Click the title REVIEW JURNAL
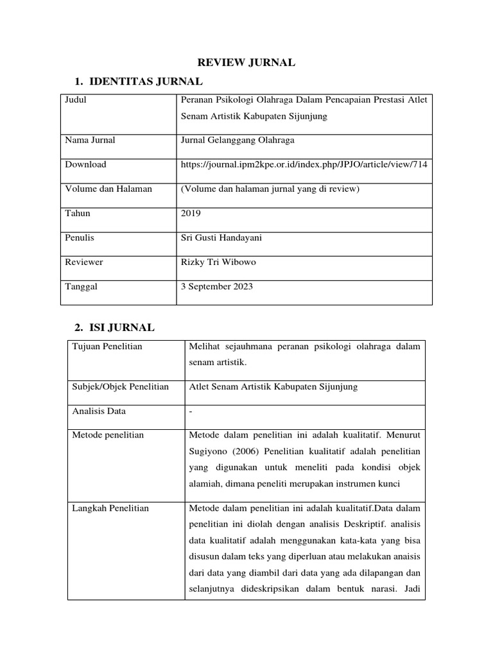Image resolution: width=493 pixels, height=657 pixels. click(246, 62)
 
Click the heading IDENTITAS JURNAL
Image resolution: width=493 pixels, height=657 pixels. click(146, 81)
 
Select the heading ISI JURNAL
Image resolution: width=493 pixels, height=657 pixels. click(121, 327)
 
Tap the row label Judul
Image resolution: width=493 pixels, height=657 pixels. click(76, 99)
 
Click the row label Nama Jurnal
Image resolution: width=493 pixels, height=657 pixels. click(90, 140)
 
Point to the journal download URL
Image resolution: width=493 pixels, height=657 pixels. click(304, 164)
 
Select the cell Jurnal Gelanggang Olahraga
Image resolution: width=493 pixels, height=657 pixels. click(237, 140)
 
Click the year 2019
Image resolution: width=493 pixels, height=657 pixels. click(191, 213)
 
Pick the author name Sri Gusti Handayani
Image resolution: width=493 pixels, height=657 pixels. click(222, 237)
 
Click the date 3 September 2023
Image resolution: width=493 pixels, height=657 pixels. click(217, 286)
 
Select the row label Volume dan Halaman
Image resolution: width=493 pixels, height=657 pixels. click(103, 189)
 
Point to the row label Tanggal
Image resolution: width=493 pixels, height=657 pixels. click(81, 286)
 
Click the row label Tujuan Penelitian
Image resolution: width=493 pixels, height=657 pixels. click(107, 346)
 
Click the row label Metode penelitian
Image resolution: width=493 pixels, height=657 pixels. click(108, 435)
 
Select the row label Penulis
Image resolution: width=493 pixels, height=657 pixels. click(80, 237)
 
